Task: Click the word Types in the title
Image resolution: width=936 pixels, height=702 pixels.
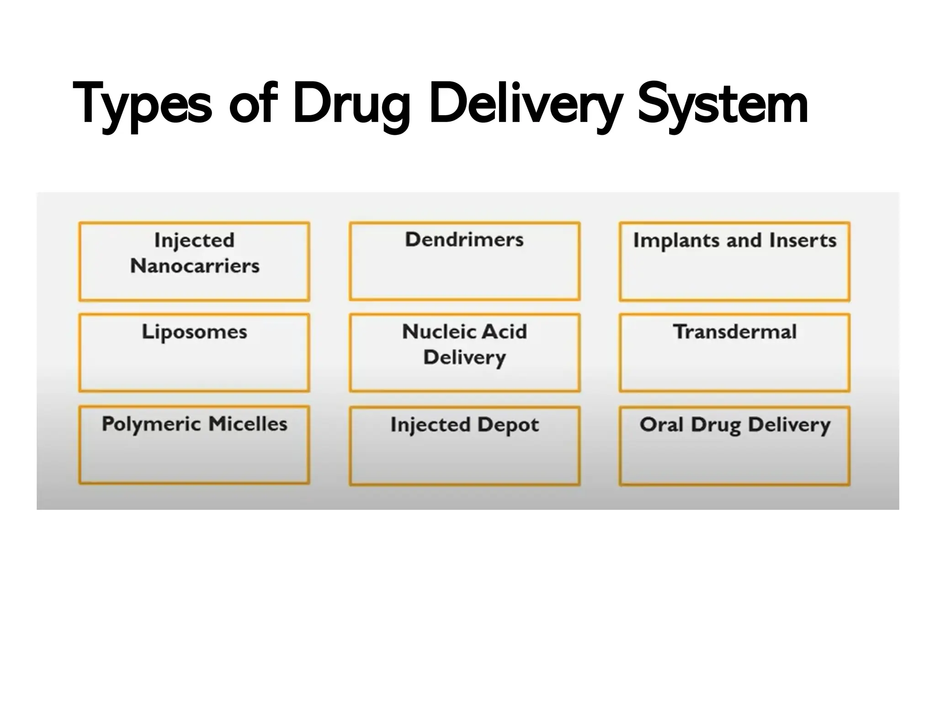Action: coord(142,104)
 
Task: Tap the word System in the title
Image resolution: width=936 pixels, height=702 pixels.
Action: coord(722,104)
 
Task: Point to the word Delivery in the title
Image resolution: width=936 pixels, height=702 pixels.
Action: coord(526,104)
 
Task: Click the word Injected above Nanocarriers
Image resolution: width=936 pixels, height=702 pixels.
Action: coord(194,240)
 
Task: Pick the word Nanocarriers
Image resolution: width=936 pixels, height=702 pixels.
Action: coord(195,266)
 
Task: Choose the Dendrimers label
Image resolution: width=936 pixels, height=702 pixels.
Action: coord(464,240)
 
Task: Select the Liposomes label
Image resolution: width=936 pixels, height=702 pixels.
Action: coord(194,332)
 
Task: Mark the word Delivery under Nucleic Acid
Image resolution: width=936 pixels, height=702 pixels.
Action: coord(464,357)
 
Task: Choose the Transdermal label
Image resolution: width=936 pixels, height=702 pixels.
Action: coord(734,332)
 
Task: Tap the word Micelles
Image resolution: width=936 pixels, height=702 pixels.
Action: coord(248,424)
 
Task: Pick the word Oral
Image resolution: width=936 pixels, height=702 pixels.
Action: coord(661,425)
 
